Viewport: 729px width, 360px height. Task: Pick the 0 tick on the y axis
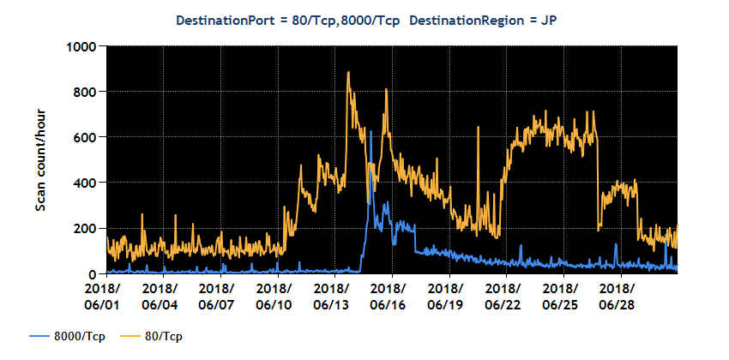tap(94, 273)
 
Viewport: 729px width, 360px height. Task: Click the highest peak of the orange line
tap(348, 73)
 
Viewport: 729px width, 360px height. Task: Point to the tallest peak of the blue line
tap(370, 162)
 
